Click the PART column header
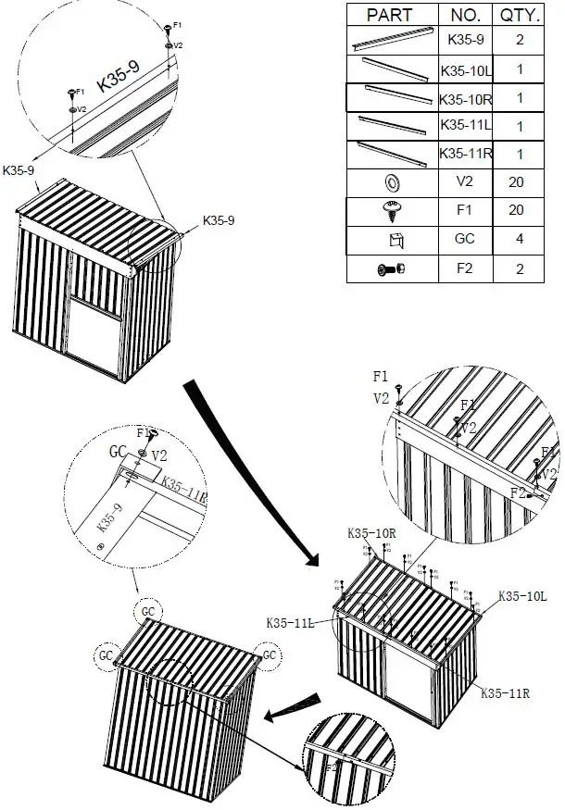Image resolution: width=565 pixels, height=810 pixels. (x=390, y=16)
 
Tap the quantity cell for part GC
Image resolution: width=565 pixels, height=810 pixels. (x=516, y=239)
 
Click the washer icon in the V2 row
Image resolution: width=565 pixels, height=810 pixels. (x=390, y=182)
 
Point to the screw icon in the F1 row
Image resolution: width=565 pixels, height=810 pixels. (x=390, y=210)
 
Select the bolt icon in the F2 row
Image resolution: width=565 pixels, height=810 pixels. (x=390, y=269)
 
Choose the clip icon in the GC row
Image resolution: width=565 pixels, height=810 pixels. (x=391, y=240)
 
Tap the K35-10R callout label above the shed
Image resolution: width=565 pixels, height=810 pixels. (x=371, y=534)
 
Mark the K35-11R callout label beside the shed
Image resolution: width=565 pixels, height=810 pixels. (x=504, y=692)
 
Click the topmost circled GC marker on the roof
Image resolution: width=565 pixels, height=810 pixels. (x=147, y=612)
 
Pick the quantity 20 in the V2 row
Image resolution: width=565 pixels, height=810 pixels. (x=516, y=182)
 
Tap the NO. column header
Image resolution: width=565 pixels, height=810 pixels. (x=464, y=16)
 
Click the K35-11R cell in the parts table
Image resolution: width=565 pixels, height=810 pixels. (x=464, y=154)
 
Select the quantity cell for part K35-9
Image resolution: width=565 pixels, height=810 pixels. (x=516, y=41)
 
